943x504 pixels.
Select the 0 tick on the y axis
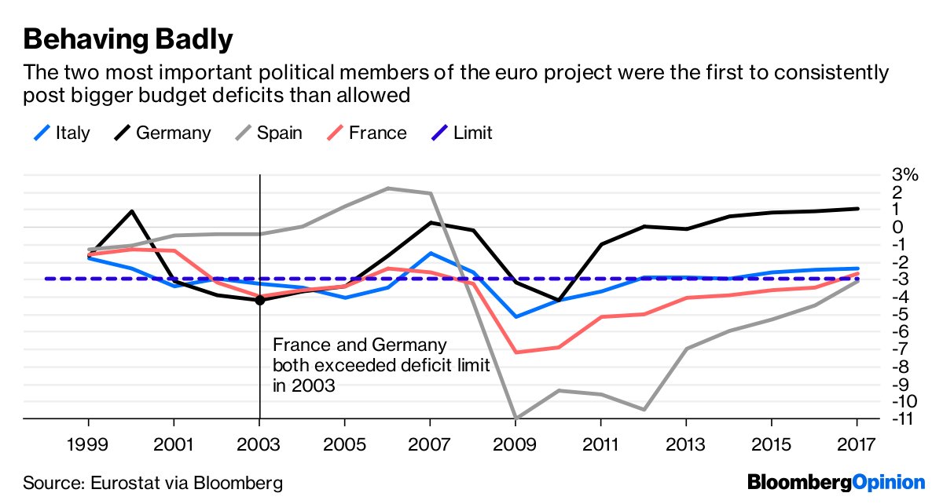click(x=898, y=227)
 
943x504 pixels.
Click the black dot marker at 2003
click(x=259, y=300)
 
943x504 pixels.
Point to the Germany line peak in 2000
click(x=131, y=210)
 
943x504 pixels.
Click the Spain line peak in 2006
click(x=387, y=188)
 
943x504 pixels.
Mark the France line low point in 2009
click(x=516, y=352)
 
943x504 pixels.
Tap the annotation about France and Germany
click(x=380, y=365)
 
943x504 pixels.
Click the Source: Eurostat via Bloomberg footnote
click(x=152, y=482)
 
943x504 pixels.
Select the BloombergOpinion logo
click(x=836, y=481)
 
